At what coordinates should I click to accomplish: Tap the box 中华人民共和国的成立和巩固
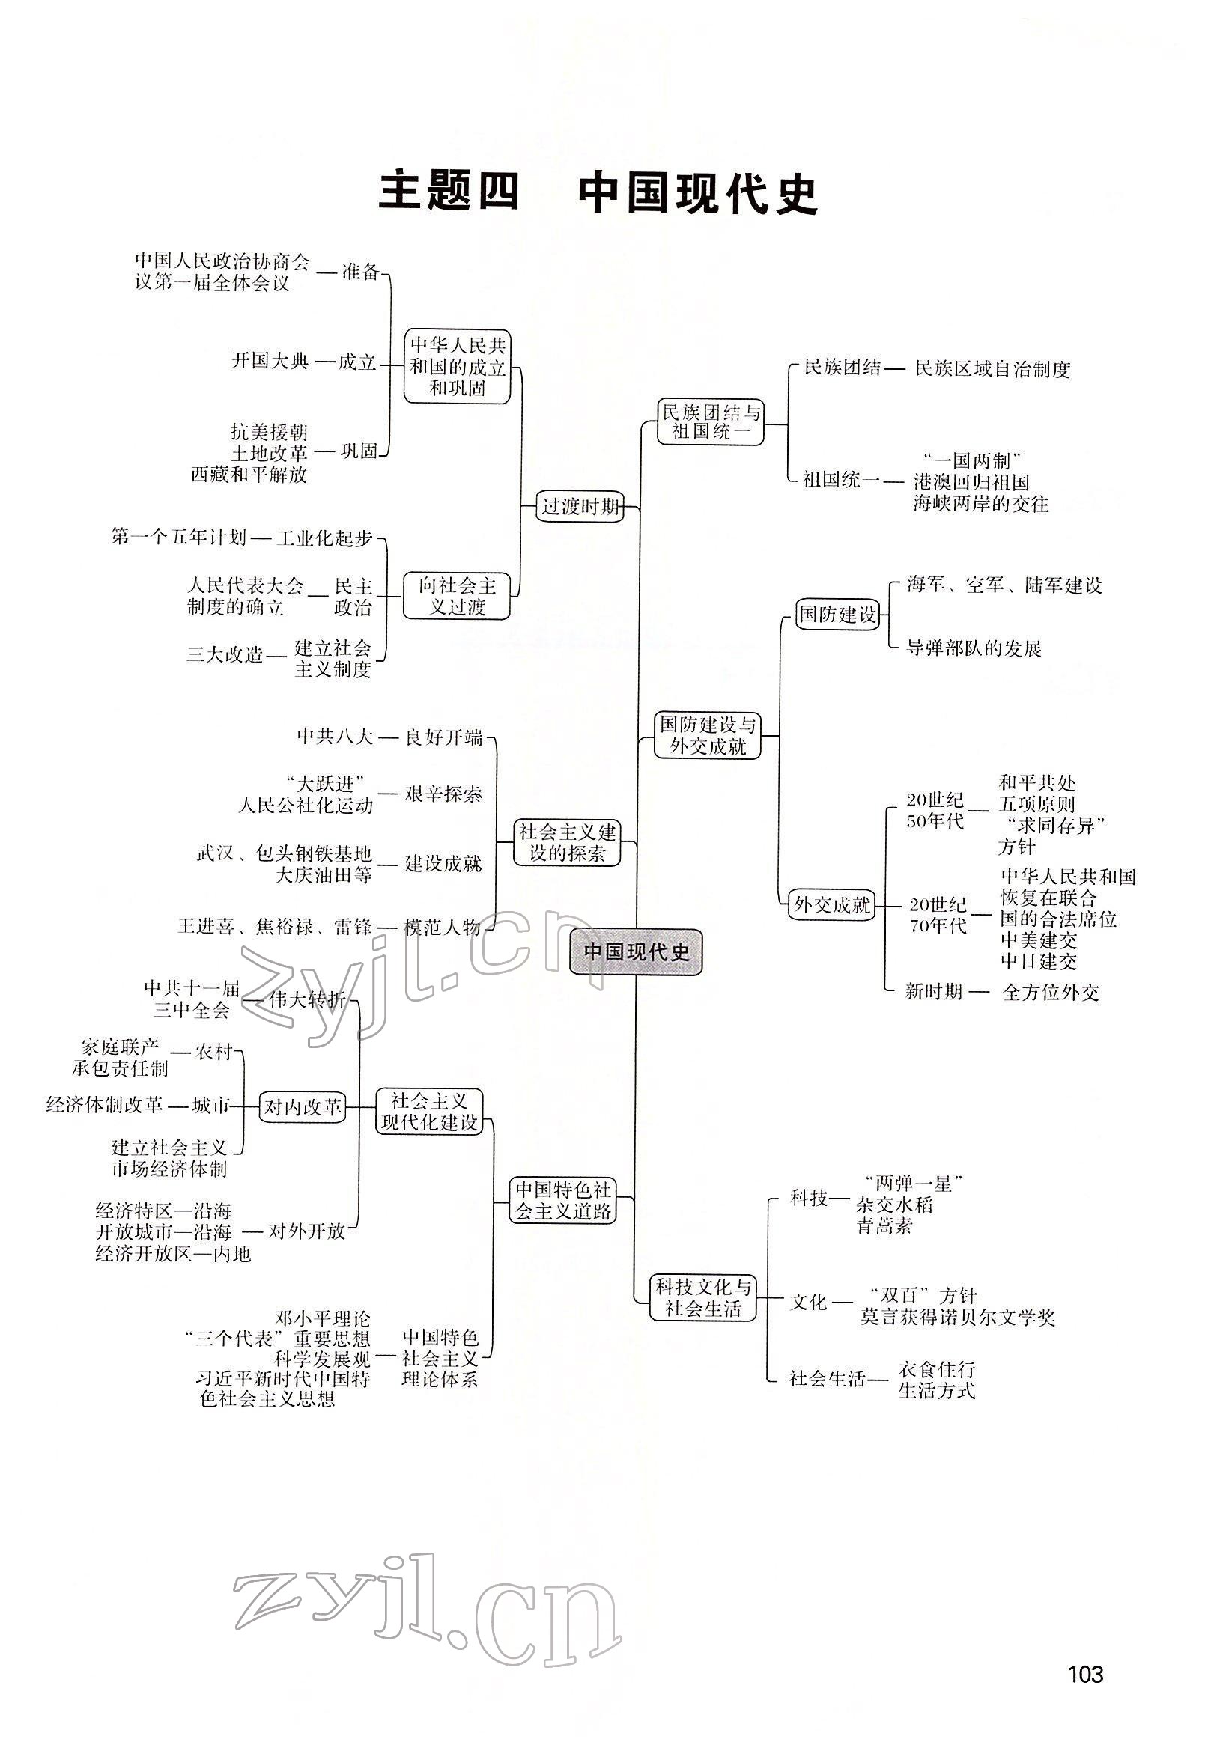pos(458,367)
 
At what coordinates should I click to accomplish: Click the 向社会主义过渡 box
pos(457,596)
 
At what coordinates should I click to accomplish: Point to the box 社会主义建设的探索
pos(567,843)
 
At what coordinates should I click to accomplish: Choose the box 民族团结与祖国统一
pos(711,423)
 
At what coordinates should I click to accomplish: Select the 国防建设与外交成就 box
pos(708,736)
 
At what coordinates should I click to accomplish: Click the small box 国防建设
pos(838,615)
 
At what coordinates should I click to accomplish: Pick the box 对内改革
pos(302,1107)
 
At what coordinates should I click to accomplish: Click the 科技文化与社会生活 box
pos(703,1298)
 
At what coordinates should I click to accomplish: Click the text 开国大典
pos(270,361)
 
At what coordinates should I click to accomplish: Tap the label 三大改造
pos(224,654)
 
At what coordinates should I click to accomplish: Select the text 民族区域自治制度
pos(992,369)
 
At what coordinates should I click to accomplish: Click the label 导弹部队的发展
pos(974,648)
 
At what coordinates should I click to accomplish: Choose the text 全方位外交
pos(1050,993)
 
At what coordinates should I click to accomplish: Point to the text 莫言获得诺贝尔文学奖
pos(957,1318)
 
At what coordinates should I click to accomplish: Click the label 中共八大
pos(335,737)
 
